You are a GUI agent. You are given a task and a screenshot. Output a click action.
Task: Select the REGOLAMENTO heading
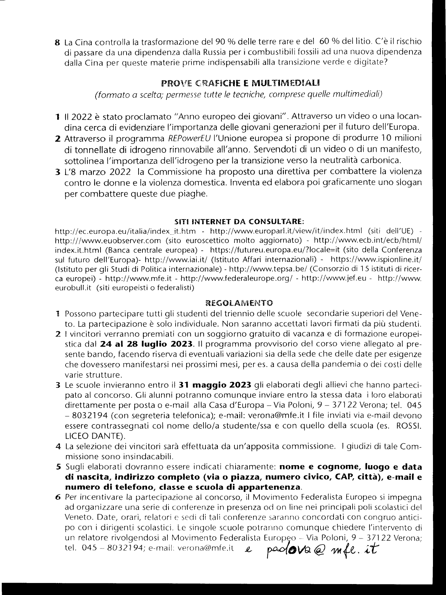click(x=239, y=303)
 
